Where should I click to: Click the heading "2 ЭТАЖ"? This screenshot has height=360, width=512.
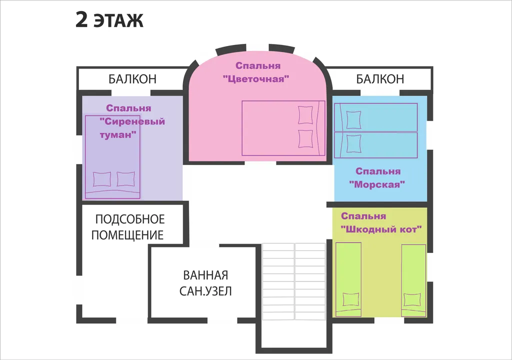(109, 20)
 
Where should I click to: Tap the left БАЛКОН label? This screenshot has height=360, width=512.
(132, 79)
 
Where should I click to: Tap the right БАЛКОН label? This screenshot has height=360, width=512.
(380, 79)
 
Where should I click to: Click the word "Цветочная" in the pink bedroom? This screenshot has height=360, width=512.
(256, 79)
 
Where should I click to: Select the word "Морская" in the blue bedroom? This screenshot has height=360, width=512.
(377, 184)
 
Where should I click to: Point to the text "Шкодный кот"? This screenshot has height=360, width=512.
(381, 229)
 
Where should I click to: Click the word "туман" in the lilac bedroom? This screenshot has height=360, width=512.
(118, 134)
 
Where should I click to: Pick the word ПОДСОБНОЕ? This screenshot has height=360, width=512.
(130, 219)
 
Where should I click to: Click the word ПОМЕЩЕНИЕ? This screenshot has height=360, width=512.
(127, 235)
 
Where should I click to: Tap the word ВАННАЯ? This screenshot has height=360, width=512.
(205, 275)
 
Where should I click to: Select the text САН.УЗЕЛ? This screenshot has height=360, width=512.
(205, 291)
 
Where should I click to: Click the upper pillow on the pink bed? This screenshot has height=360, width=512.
(305, 115)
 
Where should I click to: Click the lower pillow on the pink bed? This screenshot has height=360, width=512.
(305, 139)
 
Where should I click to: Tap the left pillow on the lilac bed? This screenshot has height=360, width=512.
(102, 179)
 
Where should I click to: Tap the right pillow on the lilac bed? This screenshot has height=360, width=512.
(125, 179)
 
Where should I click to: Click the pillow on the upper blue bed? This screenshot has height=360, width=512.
(353, 120)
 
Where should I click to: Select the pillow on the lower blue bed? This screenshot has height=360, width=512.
(353, 143)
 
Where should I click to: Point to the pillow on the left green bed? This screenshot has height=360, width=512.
(350, 299)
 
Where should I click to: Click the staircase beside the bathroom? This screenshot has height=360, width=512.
(294, 281)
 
